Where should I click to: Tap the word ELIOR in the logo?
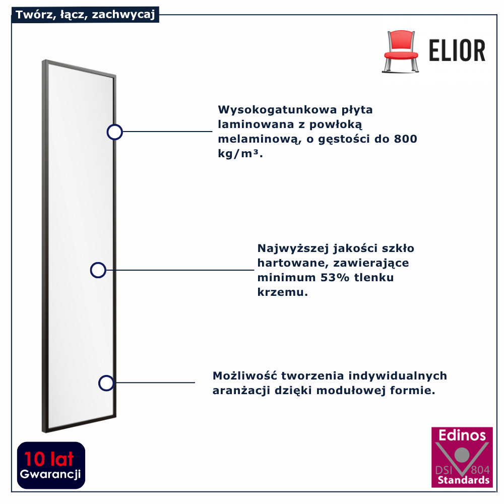[457, 50]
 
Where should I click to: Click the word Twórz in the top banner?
[31, 15]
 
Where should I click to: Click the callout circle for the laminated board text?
[115, 132]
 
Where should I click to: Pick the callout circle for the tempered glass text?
[98, 270]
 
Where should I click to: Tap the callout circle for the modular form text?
[106, 383]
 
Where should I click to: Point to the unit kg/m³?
[240, 154]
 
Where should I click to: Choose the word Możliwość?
[244, 376]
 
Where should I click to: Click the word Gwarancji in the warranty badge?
[50, 474]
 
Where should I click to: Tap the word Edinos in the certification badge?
[462, 435]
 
